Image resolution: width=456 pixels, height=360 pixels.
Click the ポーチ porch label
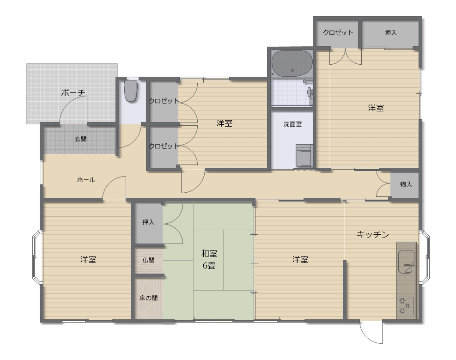point(73,93)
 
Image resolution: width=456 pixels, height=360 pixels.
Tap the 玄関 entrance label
point(80,139)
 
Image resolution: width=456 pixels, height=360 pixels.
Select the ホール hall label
point(86,180)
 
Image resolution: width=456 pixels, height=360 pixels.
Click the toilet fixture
point(131,91)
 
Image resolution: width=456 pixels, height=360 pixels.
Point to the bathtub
point(292,63)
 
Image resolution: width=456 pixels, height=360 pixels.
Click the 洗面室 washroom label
point(292,124)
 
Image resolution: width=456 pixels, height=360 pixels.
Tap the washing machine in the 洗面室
point(304,156)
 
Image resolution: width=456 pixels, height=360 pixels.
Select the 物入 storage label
point(406,184)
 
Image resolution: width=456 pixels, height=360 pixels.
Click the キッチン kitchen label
point(373,234)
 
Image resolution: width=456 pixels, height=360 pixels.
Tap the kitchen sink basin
point(406,262)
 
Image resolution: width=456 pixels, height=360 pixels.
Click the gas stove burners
point(405,305)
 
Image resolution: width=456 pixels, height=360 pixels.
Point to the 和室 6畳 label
point(209,259)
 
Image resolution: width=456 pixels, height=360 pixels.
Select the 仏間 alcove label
point(148,260)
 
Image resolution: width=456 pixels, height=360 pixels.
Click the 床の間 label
point(148,298)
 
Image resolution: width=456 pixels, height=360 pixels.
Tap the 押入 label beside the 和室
point(148,222)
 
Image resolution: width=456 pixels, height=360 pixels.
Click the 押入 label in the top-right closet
point(390,32)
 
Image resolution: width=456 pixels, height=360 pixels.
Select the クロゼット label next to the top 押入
point(338,32)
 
